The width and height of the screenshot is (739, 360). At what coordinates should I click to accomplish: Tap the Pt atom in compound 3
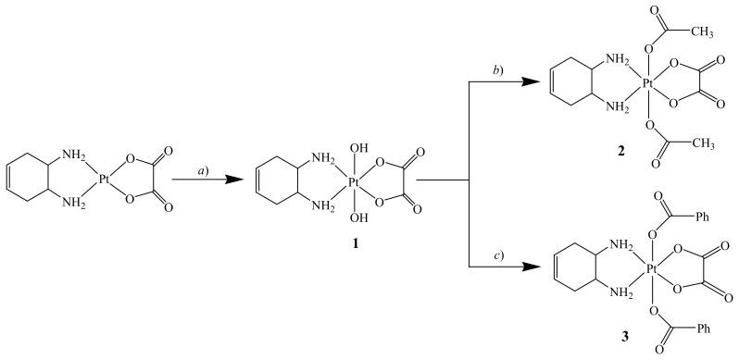tap(652, 268)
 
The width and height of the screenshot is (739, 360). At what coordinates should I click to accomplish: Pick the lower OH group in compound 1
tap(357, 218)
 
